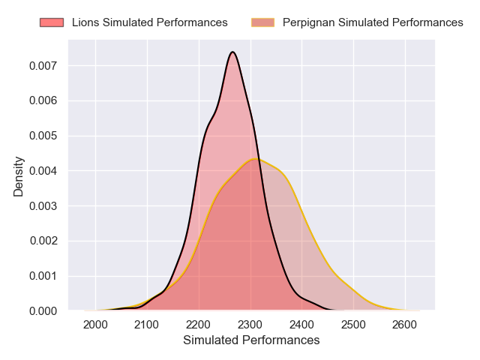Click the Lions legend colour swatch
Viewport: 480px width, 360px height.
(52, 22)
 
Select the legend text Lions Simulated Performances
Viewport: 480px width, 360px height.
(150, 22)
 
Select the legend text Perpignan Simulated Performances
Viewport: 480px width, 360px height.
(373, 22)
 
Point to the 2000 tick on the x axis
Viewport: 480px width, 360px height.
(95, 324)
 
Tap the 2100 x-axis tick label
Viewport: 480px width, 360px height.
(147, 324)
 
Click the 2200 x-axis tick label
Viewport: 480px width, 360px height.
(199, 324)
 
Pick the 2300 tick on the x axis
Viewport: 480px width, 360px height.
(250, 324)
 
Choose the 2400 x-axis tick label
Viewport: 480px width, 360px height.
(301, 324)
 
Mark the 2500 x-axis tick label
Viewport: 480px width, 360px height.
(353, 324)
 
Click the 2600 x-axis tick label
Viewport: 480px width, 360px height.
(405, 324)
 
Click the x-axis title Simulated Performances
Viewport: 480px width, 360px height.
(251, 340)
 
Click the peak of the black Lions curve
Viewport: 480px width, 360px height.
(232, 52)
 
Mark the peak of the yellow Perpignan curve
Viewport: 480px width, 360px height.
(256, 159)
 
